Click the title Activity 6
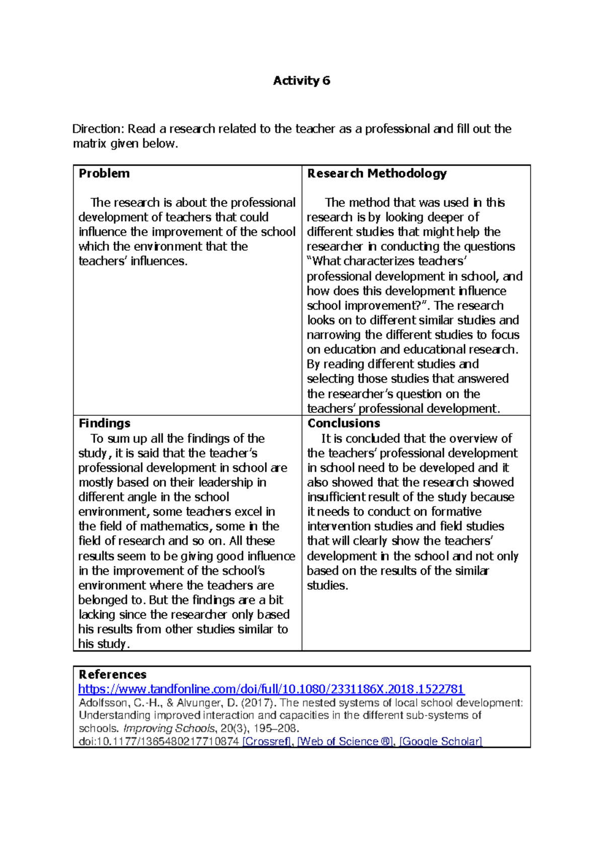(x=301, y=81)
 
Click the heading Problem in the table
(x=104, y=173)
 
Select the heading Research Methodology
(x=377, y=173)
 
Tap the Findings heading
(x=104, y=423)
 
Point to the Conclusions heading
(x=344, y=423)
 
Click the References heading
(x=112, y=674)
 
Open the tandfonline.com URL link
(x=271, y=689)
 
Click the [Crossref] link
(x=266, y=741)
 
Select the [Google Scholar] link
(x=440, y=741)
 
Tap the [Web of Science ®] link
(x=345, y=741)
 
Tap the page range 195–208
(x=276, y=728)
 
